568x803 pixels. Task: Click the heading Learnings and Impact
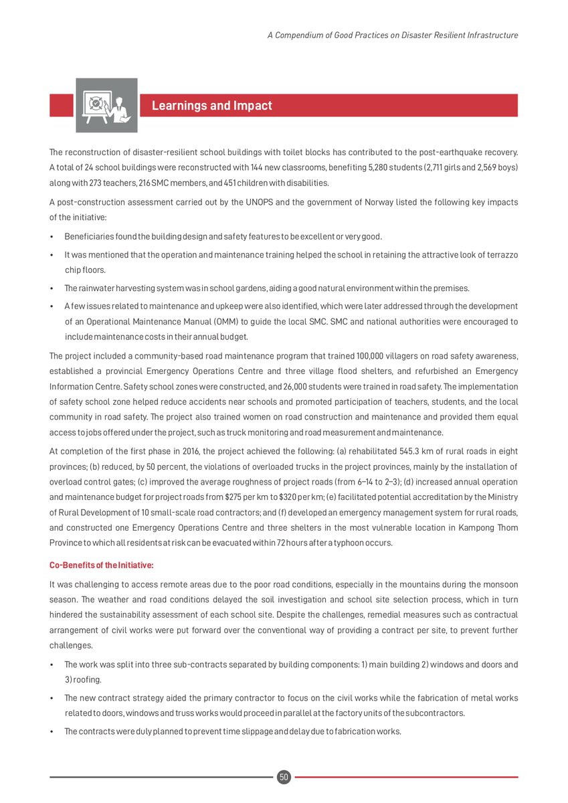[211, 106]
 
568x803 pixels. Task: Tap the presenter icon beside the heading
[106, 105]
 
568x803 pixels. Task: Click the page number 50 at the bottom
[284, 777]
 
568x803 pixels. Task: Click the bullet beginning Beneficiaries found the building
[223, 237]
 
